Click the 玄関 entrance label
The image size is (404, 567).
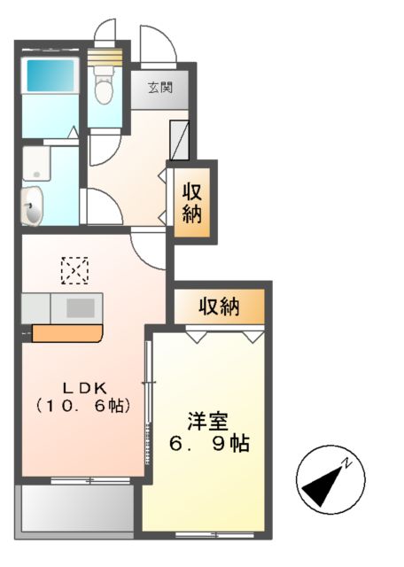point(159,88)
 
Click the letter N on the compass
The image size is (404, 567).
point(349,463)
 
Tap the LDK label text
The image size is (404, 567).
point(84,387)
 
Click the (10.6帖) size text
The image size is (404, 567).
point(84,406)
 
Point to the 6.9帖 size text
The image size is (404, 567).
point(208,442)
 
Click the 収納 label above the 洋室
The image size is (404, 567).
point(219,307)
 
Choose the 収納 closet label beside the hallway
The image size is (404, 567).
point(193,201)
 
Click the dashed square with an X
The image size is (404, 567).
point(75,270)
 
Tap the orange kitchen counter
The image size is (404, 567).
point(67,333)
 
